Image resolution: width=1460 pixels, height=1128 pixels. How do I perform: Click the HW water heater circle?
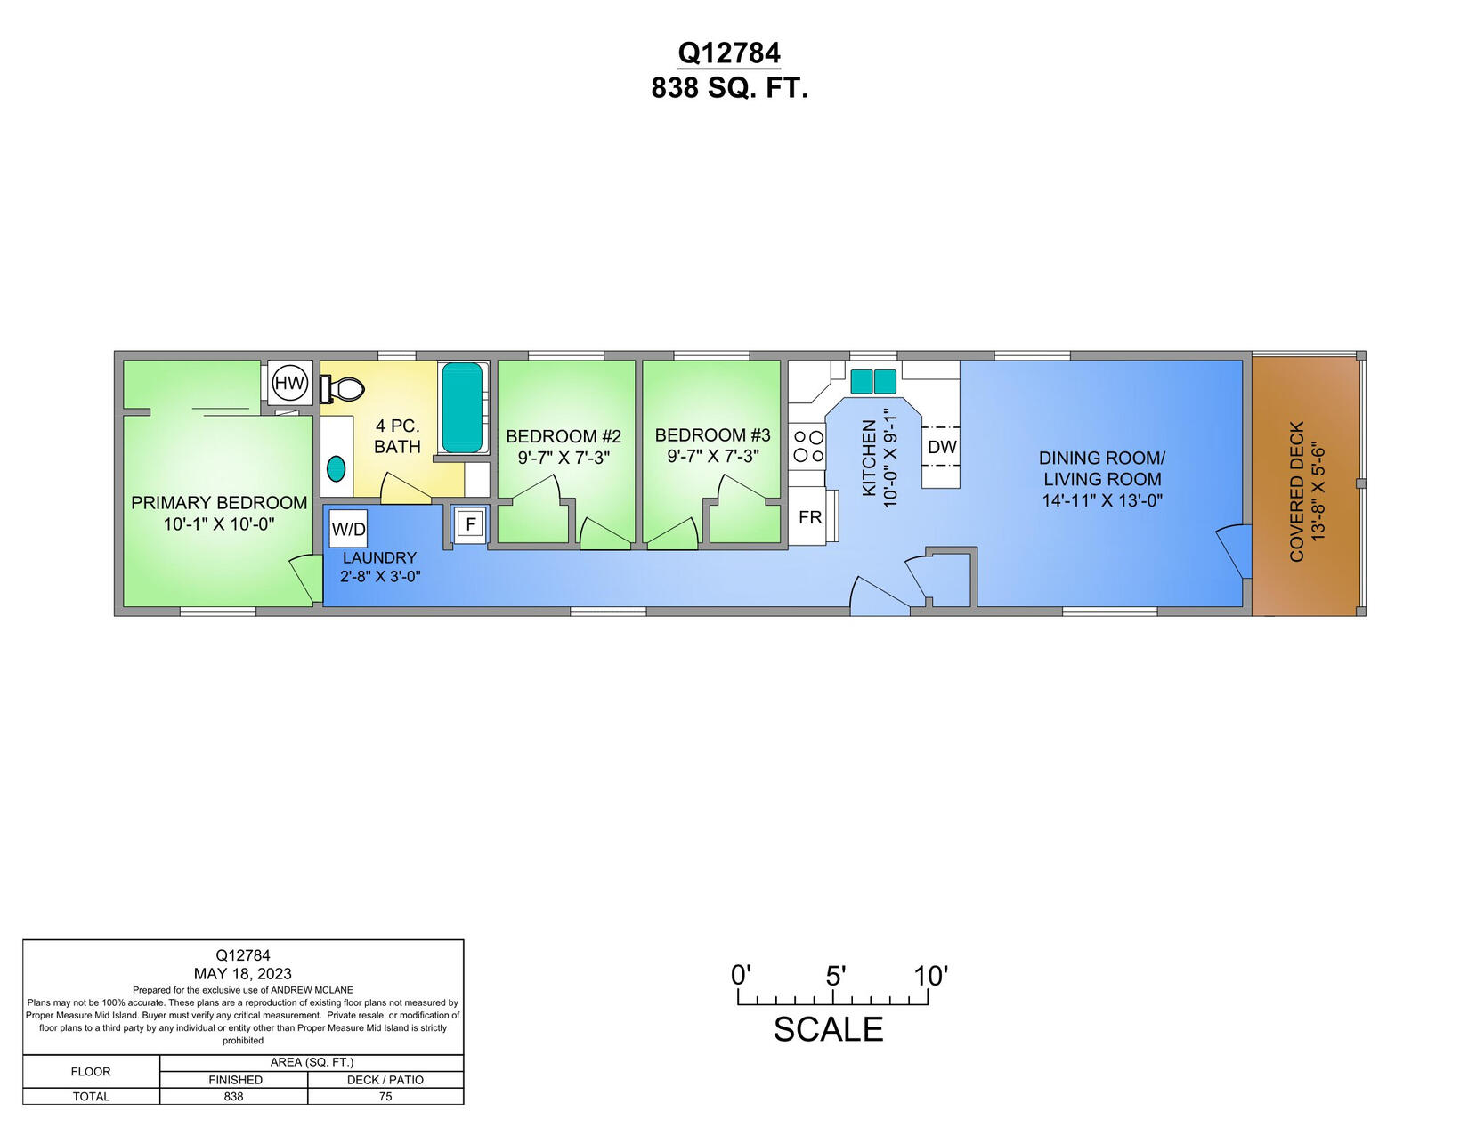tap(289, 384)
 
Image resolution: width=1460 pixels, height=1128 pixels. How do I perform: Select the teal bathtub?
tap(462, 408)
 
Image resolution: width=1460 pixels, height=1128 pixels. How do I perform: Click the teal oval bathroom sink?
tap(337, 467)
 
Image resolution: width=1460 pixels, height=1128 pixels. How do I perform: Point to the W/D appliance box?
tap(348, 529)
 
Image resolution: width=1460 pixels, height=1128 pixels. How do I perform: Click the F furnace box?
tap(470, 524)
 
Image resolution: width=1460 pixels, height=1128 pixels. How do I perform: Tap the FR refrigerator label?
tap(810, 517)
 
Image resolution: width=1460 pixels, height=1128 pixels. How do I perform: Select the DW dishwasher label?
tap(942, 447)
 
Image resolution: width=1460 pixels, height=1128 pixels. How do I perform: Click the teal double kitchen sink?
tap(873, 381)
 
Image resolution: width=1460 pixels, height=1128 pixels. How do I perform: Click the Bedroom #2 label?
tap(564, 436)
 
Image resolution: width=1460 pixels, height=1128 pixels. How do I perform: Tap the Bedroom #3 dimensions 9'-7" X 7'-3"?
tap(712, 456)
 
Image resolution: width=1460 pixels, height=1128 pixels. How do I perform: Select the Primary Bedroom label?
tap(219, 502)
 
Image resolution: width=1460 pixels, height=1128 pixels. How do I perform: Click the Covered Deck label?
tap(1296, 491)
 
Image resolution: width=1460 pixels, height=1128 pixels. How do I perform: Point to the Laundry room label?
tap(379, 557)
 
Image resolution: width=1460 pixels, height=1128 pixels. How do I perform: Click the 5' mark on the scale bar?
tap(834, 977)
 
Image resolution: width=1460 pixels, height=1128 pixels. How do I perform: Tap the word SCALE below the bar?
tap(828, 1029)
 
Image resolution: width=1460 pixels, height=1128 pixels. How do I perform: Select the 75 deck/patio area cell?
tap(385, 1096)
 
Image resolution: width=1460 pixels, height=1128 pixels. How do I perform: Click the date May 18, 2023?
tap(242, 974)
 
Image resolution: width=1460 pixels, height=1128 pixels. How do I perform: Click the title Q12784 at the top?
tap(729, 53)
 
